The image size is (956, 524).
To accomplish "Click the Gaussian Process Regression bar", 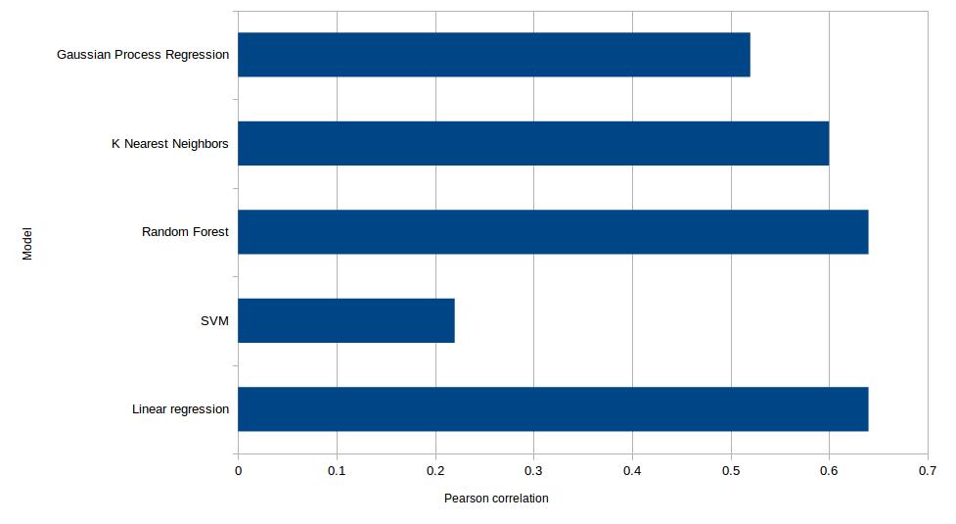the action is [494, 54].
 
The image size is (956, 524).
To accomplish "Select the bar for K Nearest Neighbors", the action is [533, 143].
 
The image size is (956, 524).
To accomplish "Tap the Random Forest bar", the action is [553, 232].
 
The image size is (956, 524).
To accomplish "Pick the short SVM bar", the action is [346, 321].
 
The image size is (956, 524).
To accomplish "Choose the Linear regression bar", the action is [553, 409].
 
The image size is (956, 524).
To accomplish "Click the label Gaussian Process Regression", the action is [143, 55].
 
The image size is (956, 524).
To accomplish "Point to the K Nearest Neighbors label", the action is [169, 144].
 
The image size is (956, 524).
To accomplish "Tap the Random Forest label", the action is [185, 232].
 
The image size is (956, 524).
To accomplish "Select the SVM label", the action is [214, 321].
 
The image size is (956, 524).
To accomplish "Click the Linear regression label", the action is [180, 409].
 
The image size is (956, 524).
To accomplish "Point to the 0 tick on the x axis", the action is [239, 471].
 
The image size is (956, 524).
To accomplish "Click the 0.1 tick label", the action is [337, 471].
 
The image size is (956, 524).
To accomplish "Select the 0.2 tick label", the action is [435, 471].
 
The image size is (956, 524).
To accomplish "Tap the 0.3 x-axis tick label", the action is [533, 471].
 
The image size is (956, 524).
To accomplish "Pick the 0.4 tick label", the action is [632, 471].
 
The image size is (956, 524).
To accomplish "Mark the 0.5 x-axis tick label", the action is [731, 471].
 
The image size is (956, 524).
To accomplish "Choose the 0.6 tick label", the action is [829, 471].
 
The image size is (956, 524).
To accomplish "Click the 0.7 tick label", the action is [928, 471].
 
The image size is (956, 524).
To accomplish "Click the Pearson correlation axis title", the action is [496, 499].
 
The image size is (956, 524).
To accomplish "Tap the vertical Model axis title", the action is [27, 244].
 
